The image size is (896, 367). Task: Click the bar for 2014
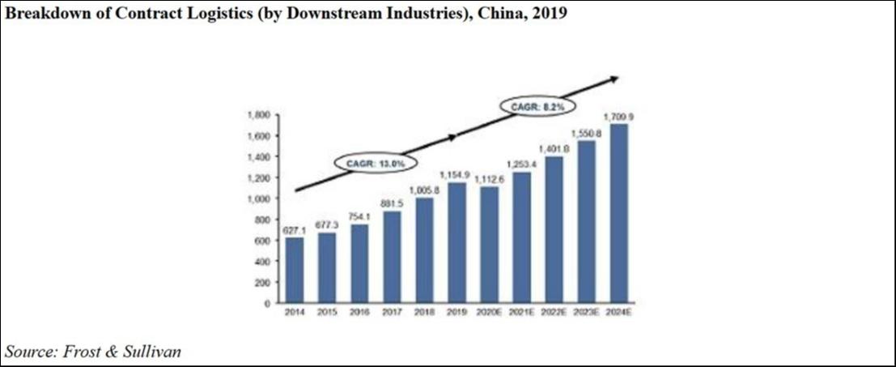click(294, 271)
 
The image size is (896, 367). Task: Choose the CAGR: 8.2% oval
click(532, 106)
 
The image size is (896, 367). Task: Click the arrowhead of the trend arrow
click(614, 79)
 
